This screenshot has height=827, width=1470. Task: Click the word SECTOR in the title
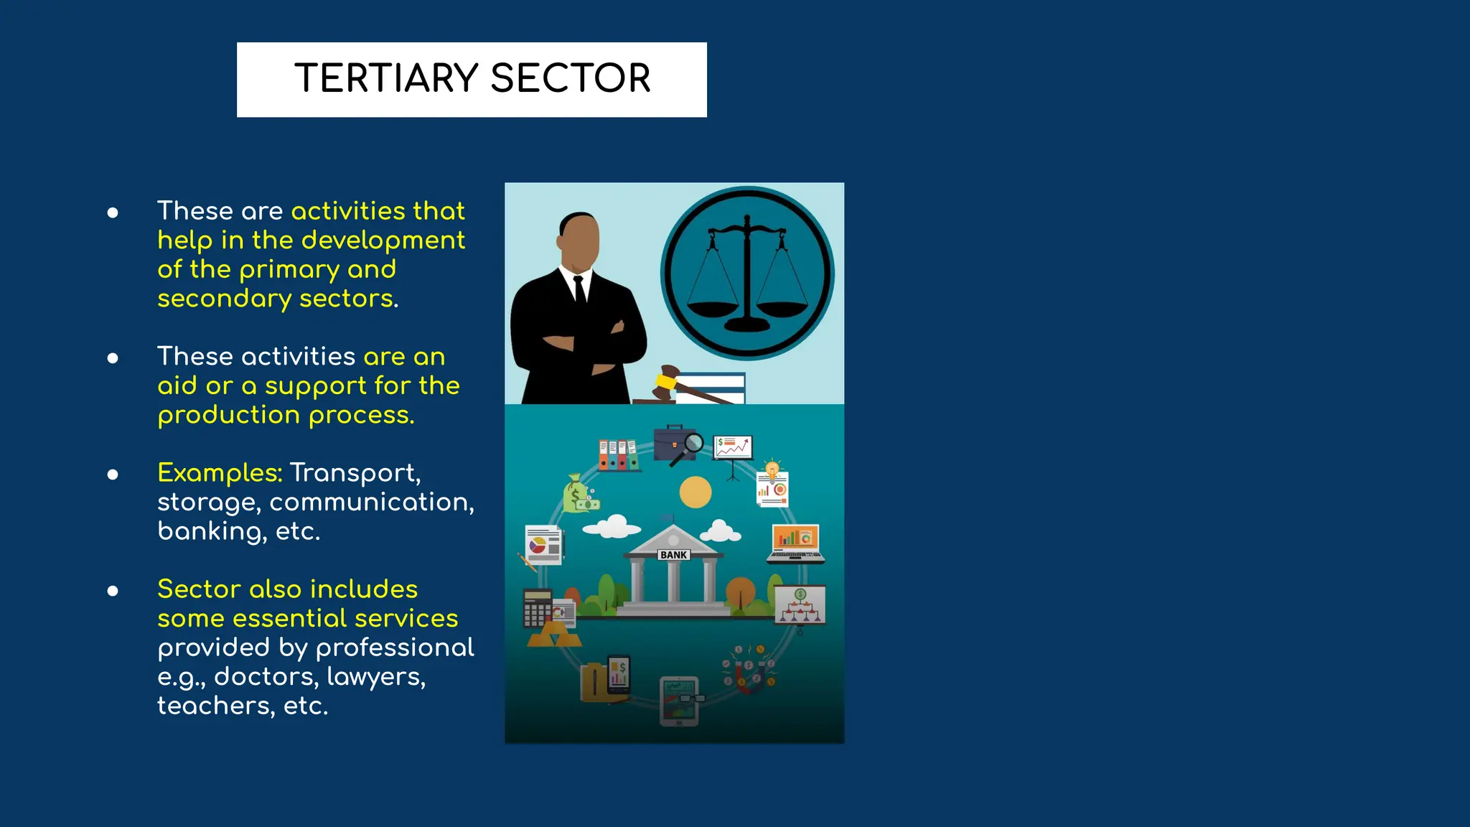(x=571, y=78)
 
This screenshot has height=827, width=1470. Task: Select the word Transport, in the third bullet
(x=355, y=473)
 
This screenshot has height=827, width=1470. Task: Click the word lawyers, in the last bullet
(x=376, y=677)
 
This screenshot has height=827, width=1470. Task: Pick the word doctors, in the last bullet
(x=266, y=677)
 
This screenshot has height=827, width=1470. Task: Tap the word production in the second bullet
(x=229, y=416)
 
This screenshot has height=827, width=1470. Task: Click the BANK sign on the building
(x=674, y=555)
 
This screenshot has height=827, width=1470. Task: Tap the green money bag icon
(x=579, y=494)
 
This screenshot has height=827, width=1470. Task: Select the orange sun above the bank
(x=696, y=492)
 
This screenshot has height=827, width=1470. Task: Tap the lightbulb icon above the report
(x=772, y=469)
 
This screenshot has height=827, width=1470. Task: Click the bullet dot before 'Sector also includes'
(x=113, y=591)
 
